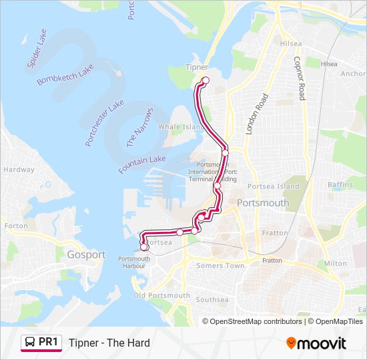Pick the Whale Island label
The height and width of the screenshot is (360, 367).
coord(181,127)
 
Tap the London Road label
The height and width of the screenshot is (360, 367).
coord(256,114)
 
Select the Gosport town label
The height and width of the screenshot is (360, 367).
coord(86,255)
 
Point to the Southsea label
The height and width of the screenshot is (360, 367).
coord(212,300)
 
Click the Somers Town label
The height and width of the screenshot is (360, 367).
coord(220,266)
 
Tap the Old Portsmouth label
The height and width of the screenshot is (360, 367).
coord(161,295)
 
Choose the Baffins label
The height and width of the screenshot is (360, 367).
coord(340,185)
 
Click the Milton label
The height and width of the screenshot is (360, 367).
coord(336,263)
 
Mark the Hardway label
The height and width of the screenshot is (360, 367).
coord(19,169)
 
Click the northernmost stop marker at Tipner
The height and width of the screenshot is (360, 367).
coord(206,81)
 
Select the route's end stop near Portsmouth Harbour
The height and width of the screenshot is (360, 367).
coord(144,247)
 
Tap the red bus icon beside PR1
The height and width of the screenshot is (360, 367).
coord(29,343)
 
